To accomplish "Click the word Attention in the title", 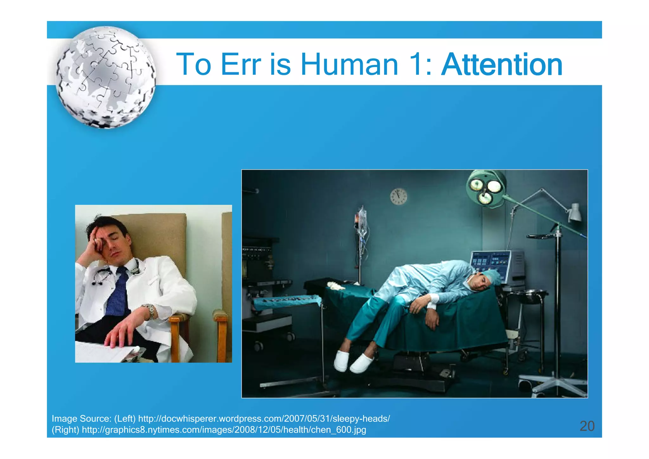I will point(502,65).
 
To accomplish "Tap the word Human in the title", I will point(349,65).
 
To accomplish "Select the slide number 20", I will point(587,426).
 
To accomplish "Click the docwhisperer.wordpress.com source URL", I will point(264,419).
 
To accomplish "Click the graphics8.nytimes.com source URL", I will point(224,430).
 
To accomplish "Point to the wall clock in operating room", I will point(398,197).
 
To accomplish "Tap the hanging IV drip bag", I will point(362,222).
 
